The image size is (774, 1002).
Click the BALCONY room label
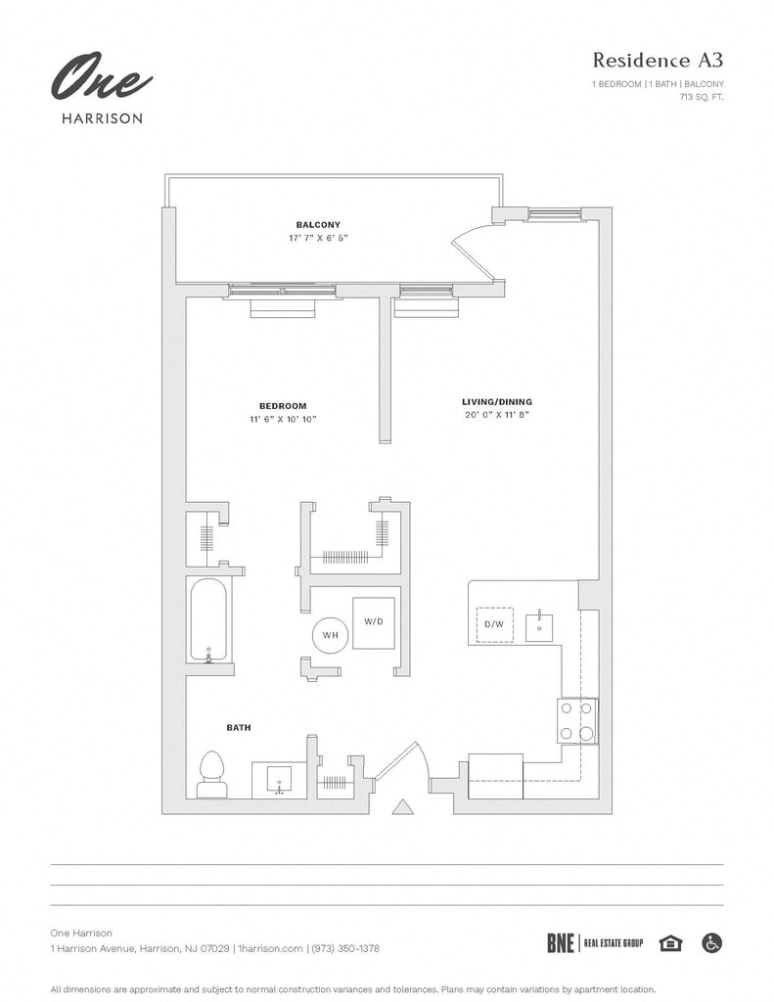[318, 225]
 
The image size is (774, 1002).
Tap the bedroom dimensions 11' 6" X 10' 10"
[283, 419]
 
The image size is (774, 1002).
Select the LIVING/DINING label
[497, 402]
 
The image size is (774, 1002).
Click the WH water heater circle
[330, 635]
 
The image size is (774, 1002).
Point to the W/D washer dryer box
[373, 622]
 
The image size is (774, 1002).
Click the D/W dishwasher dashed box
[494, 624]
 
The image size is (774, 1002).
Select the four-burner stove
[577, 721]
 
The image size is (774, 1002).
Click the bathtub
[208, 619]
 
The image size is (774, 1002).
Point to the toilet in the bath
[211, 775]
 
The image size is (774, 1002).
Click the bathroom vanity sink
[279, 780]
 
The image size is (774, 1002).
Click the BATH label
[239, 728]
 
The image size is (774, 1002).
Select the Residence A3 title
[658, 60]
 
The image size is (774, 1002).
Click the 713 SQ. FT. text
[702, 97]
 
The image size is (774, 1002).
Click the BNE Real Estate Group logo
[595, 943]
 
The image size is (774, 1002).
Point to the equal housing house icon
[670, 943]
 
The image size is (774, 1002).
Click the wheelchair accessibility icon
[712, 943]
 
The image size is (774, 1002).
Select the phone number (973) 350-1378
[345, 948]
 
